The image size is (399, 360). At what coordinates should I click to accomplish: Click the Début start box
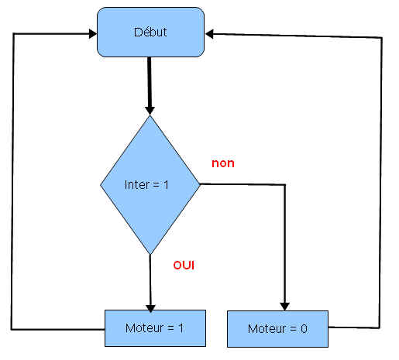coord(150,32)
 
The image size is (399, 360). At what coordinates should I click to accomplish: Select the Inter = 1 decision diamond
coord(150,185)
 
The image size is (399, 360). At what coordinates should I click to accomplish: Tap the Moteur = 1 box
coord(155,328)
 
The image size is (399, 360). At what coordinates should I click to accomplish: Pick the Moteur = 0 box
coord(277,329)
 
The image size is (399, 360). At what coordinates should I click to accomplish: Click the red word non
coord(223,163)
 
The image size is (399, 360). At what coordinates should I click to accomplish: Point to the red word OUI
coord(184,266)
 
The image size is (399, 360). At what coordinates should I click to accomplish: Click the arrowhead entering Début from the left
coord(93,33)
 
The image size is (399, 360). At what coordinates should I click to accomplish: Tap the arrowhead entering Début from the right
coord(209,34)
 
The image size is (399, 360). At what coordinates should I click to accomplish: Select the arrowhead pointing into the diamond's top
coord(150,111)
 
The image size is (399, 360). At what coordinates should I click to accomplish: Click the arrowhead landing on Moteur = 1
coord(150,308)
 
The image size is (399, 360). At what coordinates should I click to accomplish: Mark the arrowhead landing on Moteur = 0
coord(284,307)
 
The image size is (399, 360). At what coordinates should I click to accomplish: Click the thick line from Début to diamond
coord(150,83)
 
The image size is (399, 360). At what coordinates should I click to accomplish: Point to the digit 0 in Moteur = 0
coord(304,329)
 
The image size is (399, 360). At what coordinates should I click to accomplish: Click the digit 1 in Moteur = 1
coord(181,328)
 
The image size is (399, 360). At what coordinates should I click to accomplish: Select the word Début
coord(150,32)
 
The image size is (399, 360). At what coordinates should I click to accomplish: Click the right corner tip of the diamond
coord(200,184)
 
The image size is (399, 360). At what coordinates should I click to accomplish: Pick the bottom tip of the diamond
coord(150,255)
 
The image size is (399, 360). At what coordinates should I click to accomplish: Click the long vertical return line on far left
coord(12,181)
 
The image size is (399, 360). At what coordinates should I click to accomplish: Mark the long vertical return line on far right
coord(380,183)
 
